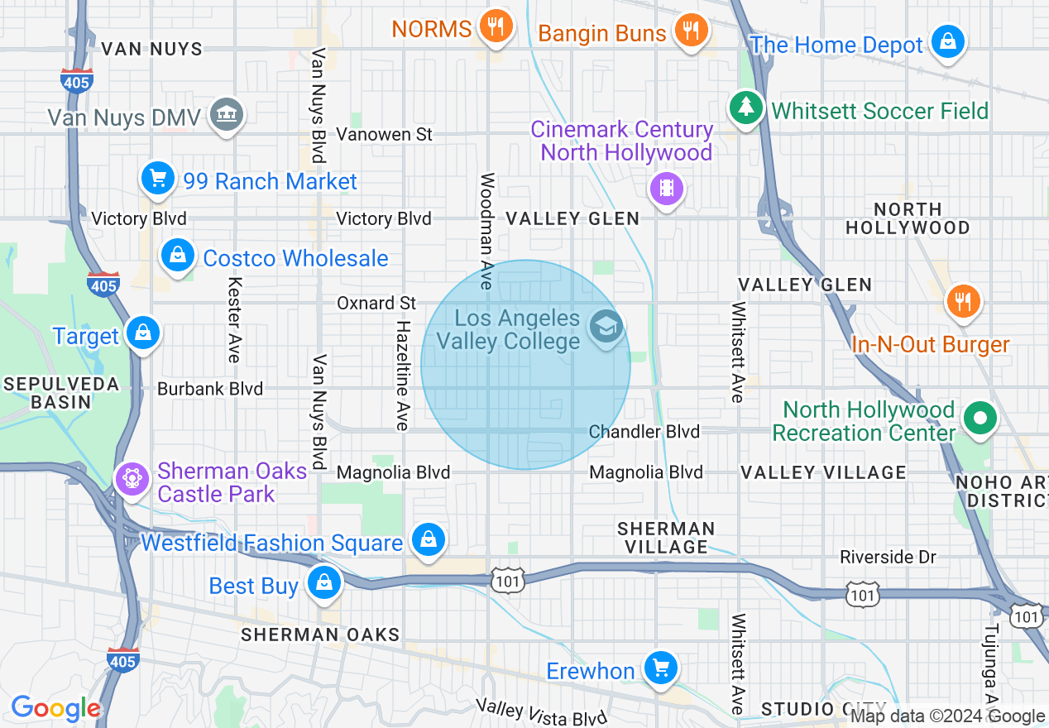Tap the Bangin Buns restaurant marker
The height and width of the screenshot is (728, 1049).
point(690,31)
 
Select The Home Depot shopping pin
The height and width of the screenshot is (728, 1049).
point(947,41)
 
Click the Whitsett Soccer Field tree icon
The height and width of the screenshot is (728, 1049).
point(746,108)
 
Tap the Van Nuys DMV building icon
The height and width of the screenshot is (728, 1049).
point(226,114)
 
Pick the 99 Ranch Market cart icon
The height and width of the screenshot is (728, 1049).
point(158,178)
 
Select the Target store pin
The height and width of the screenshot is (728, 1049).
point(144,333)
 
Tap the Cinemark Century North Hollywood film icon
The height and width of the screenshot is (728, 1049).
point(667,189)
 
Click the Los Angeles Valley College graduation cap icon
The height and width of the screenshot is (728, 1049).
point(607,327)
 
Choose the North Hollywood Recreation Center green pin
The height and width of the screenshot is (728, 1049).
point(980,419)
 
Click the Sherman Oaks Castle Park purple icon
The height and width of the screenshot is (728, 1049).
point(132,478)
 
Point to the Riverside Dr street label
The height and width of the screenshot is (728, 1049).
point(888,558)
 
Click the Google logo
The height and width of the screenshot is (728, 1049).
point(55,708)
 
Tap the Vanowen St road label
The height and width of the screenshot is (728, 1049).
point(385,134)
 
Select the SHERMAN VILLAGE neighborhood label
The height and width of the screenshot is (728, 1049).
point(667,538)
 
